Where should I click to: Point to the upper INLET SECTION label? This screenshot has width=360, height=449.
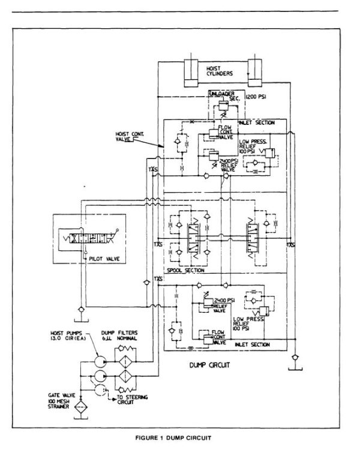coord(271,122)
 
